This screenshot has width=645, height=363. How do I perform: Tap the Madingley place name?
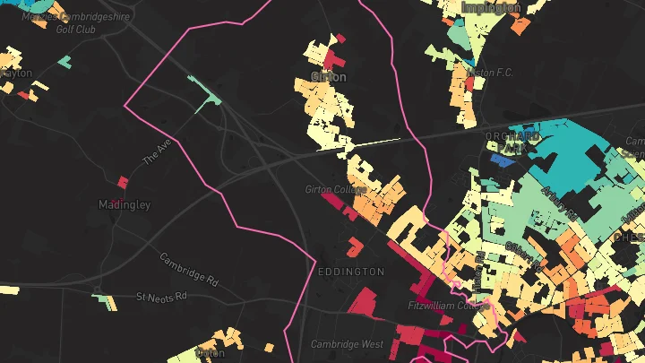pyautogui.click(x=124, y=204)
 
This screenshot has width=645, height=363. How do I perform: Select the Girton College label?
pyautogui.click(x=331, y=190)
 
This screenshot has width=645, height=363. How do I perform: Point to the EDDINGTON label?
pyautogui.click(x=351, y=271)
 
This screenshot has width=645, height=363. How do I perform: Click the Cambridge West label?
pyautogui.click(x=347, y=344)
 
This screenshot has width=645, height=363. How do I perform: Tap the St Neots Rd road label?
pyautogui.click(x=161, y=296)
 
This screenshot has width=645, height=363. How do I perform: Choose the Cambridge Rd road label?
pyautogui.click(x=189, y=268)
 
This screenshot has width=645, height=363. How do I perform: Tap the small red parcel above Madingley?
pyautogui.click(x=123, y=182)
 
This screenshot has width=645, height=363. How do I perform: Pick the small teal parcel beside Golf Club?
pyautogui.click(x=64, y=62)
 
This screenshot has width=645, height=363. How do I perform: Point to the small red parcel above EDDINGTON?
pyautogui.click(x=355, y=245)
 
